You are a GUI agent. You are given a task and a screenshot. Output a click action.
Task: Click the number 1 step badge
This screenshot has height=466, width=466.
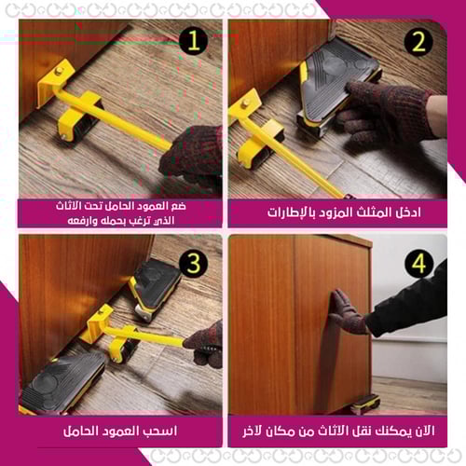click(x=192, y=42)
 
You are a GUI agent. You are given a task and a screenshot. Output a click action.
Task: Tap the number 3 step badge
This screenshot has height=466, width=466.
click(x=192, y=263)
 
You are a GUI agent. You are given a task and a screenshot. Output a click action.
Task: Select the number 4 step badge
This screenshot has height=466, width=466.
click(x=418, y=264)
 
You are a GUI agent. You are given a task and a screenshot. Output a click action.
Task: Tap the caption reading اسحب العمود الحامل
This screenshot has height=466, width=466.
click(x=121, y=432)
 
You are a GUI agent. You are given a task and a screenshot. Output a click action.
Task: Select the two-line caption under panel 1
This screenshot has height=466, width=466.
click(x=121, y=212)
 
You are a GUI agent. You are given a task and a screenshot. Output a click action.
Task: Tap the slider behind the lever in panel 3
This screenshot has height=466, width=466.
click(x=154, y=284)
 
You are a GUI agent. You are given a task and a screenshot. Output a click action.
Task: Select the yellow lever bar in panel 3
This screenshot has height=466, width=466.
click(x=149, y=336)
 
